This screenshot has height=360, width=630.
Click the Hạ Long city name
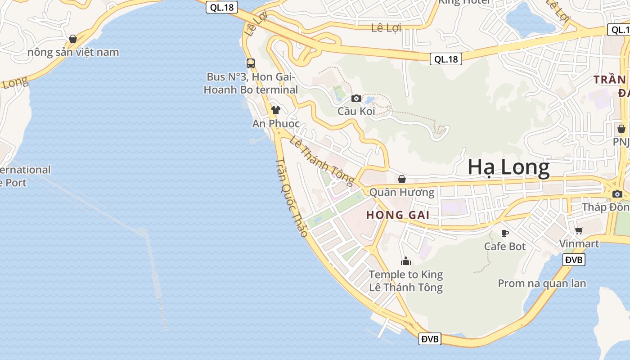click(x=508, y=167)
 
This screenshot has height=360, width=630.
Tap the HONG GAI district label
click(x=397, y=215)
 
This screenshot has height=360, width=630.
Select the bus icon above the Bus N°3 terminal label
click(x=251, y=63)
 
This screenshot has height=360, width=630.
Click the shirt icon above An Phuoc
click(x=276, y=110)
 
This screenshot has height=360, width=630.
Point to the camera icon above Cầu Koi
click(x=356, y=98)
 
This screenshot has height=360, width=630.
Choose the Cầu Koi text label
click(x=356, y=111)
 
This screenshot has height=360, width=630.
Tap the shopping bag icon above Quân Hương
click(x=402, y=179)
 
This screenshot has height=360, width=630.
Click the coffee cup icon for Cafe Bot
click(x=505, y=233)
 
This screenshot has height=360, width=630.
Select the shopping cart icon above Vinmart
click(x=579, y=231)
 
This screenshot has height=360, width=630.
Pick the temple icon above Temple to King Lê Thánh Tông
click(x=406, y=261)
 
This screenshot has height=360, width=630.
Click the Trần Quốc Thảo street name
click(x=292, y=197)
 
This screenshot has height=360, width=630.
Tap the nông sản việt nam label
click(x=73, y=52)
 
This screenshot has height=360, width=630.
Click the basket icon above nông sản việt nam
click(x=73, y=39)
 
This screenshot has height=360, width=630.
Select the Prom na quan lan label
click(x=542, y=283)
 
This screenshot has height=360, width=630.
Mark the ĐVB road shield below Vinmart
click(x=574, y=260)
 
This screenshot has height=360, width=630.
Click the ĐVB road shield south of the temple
click(x=430, y=339)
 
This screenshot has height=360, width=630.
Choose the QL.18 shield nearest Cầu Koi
click(x=446, y=59)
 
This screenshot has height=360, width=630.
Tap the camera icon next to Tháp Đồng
click(x=617, y=194)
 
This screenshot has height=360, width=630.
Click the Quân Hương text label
click(x=402, y=193)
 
